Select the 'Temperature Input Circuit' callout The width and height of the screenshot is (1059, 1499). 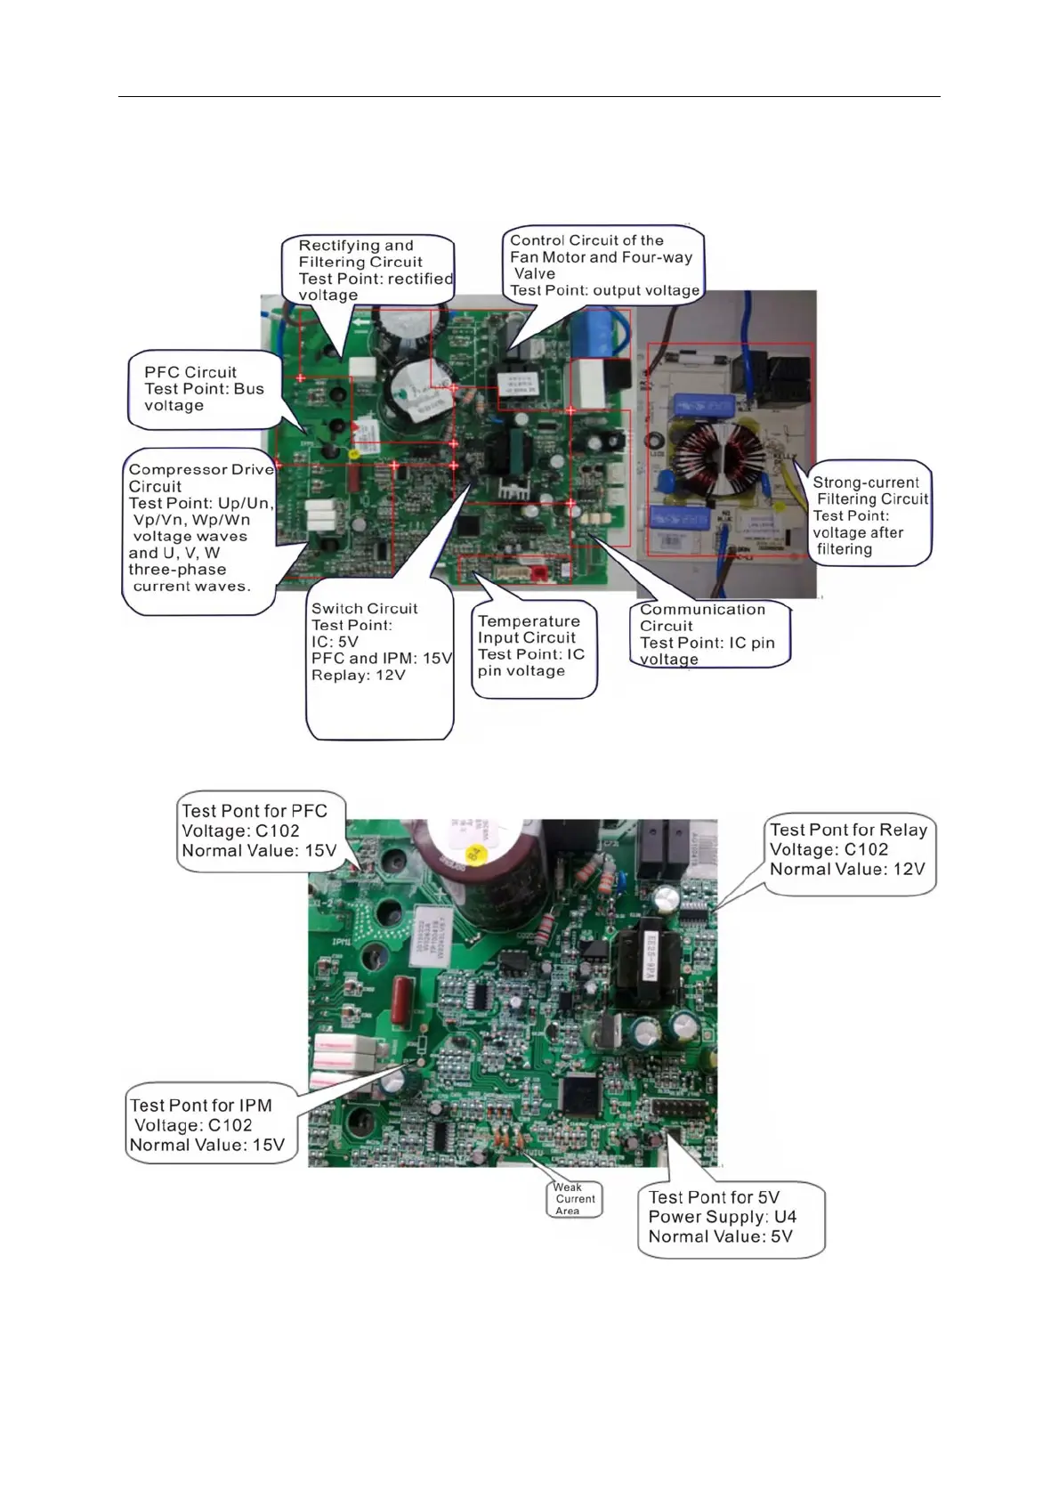[x=532, y=646]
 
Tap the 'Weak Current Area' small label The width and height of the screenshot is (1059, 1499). [x=574, y=1199]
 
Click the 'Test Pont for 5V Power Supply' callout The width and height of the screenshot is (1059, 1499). [x=730, y=1218]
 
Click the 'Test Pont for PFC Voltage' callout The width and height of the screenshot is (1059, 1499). [x=259, y=831]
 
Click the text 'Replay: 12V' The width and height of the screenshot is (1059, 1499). [x=358, y=676]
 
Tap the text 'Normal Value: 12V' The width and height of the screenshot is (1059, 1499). [x=847, y=870]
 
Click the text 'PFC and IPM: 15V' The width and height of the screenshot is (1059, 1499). [x=382, y=659]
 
